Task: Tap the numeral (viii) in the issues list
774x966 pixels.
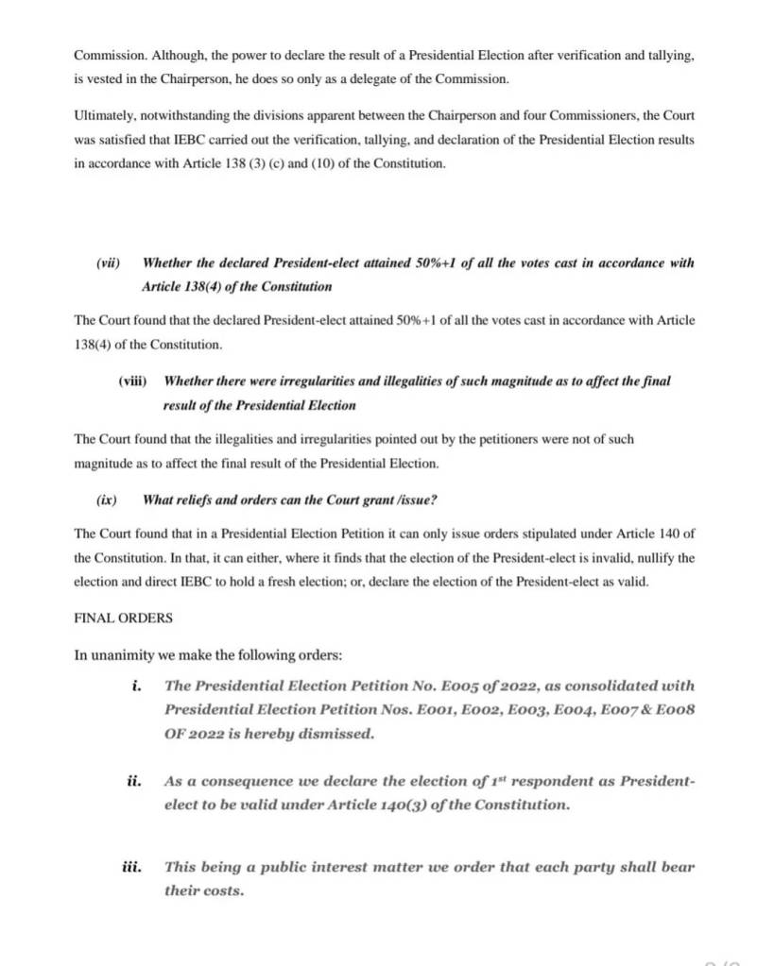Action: point(132,381)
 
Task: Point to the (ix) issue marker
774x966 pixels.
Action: point(105,499)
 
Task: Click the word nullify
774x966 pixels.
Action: point(673,557)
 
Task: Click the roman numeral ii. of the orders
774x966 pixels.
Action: point(134,782)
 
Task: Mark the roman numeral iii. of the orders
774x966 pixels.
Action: point(132,866)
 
